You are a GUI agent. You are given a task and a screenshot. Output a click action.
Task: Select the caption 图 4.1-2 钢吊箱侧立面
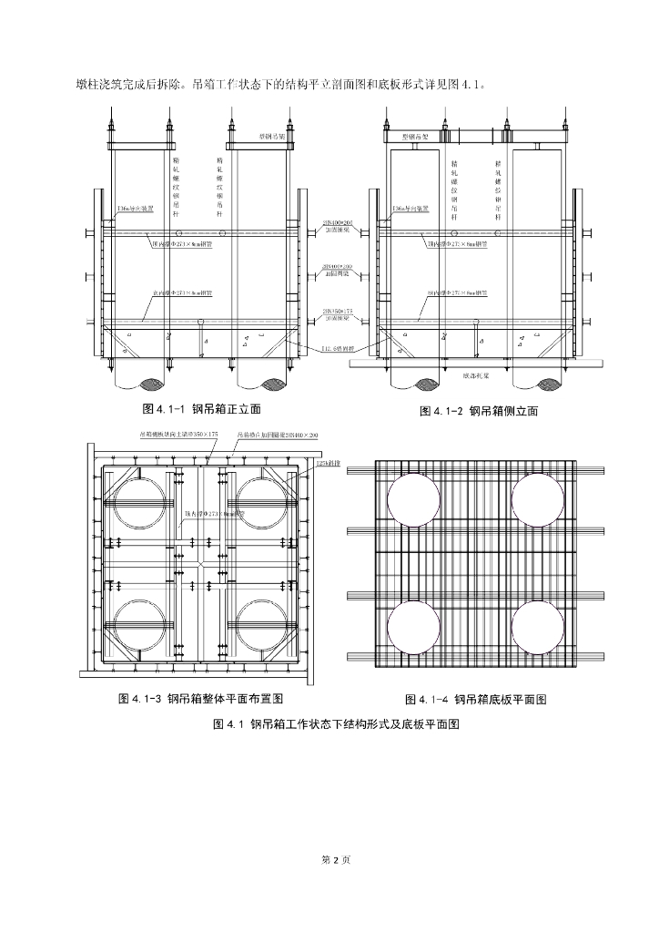point(478,411)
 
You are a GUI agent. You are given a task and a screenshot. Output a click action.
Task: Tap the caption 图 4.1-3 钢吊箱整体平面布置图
point(202,699)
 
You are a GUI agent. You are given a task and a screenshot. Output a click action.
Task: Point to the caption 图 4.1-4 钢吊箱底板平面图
point(475,700)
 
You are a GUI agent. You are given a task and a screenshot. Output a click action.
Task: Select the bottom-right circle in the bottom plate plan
point(537,627)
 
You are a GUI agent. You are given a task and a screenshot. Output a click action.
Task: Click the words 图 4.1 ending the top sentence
point(455,85)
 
